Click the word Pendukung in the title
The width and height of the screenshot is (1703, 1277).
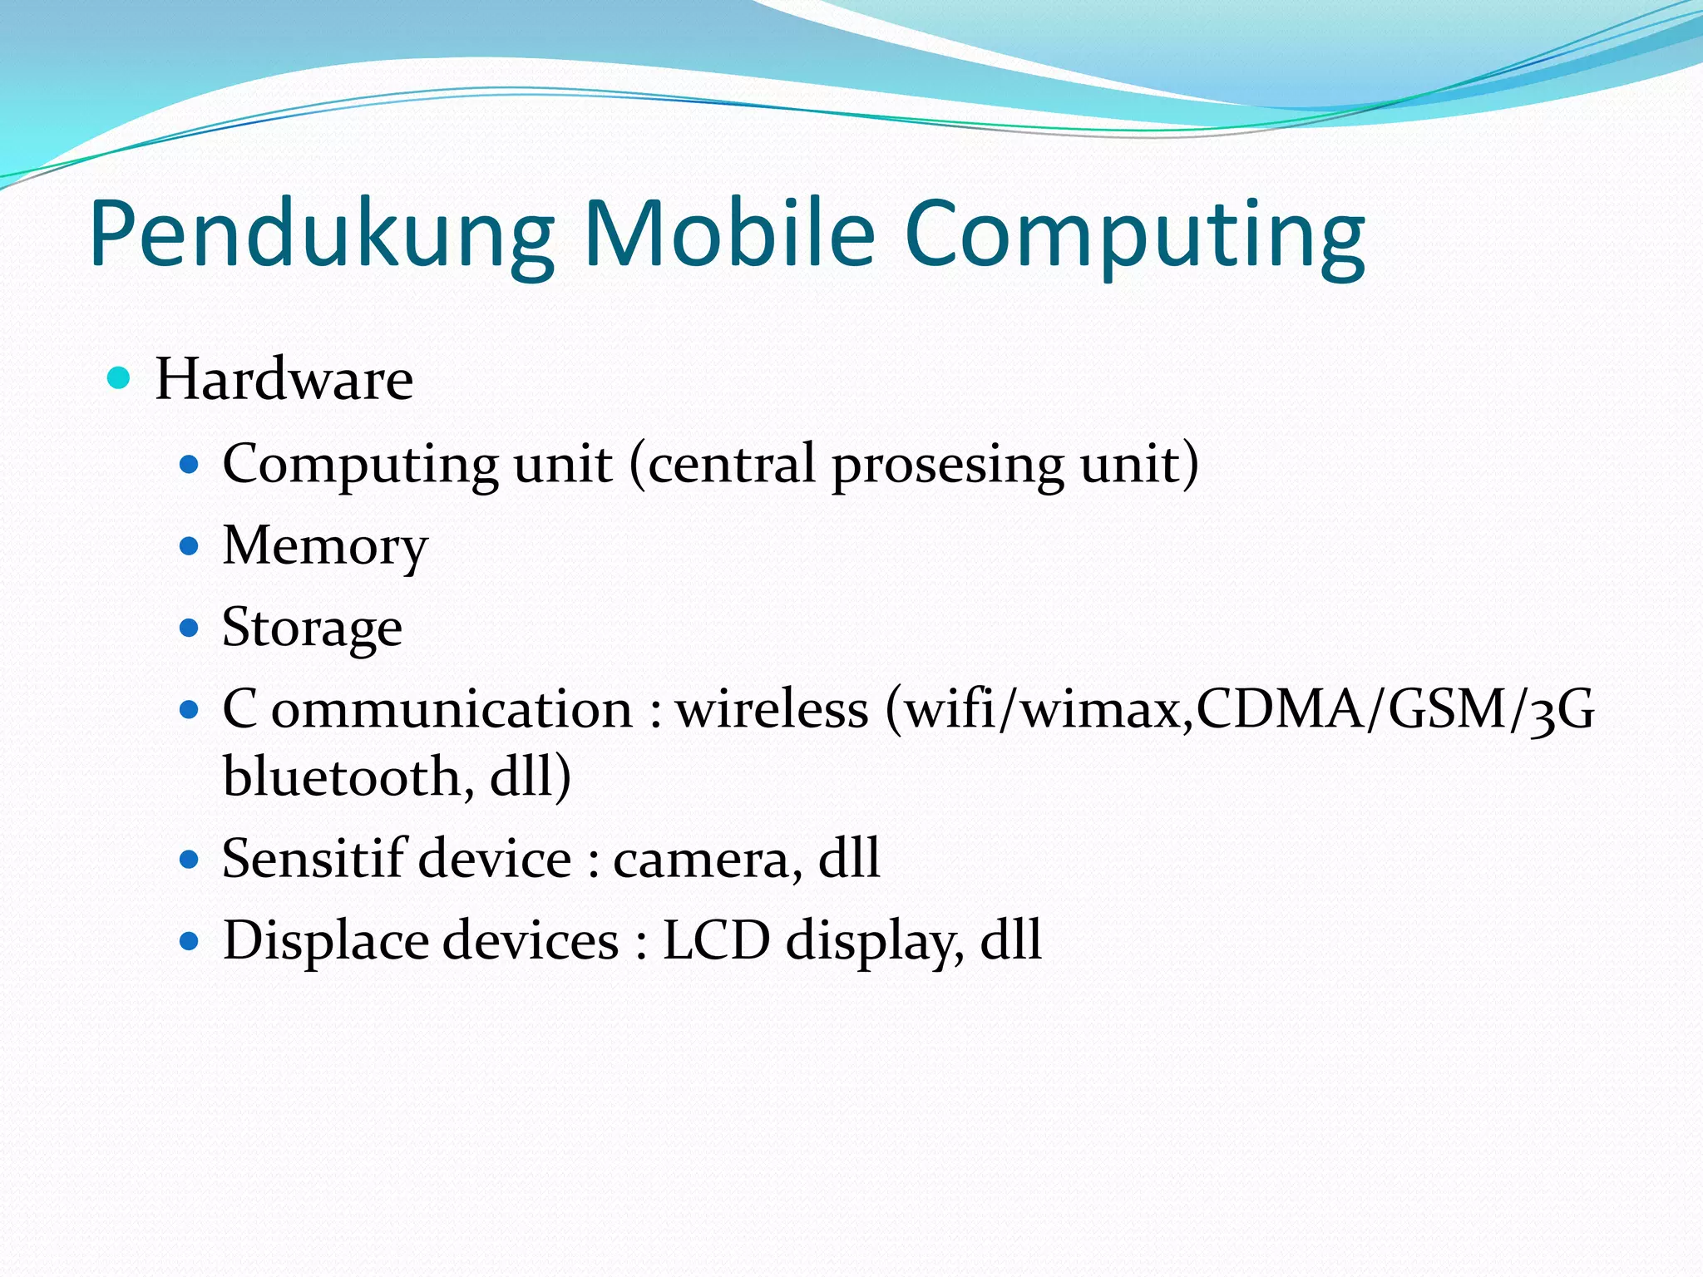(x=322, y=235)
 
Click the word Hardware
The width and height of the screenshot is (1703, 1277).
(x=284, y=379)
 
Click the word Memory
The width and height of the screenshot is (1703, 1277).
(x=325, y=547)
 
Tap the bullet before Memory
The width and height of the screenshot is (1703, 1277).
(x=190, y=546)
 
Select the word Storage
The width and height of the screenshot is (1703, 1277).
(x=313, y=629)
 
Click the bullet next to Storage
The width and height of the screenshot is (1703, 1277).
(x=190, y=628)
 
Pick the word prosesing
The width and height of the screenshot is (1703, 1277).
(x=947, y=466)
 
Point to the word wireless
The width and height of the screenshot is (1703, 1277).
(x=772, y=710)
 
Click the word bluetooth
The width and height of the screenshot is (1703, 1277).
(x=342, y=777)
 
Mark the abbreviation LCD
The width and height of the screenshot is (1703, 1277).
(x=716, y=940)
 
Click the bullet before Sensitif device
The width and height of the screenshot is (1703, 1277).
(x=190, y=859)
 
